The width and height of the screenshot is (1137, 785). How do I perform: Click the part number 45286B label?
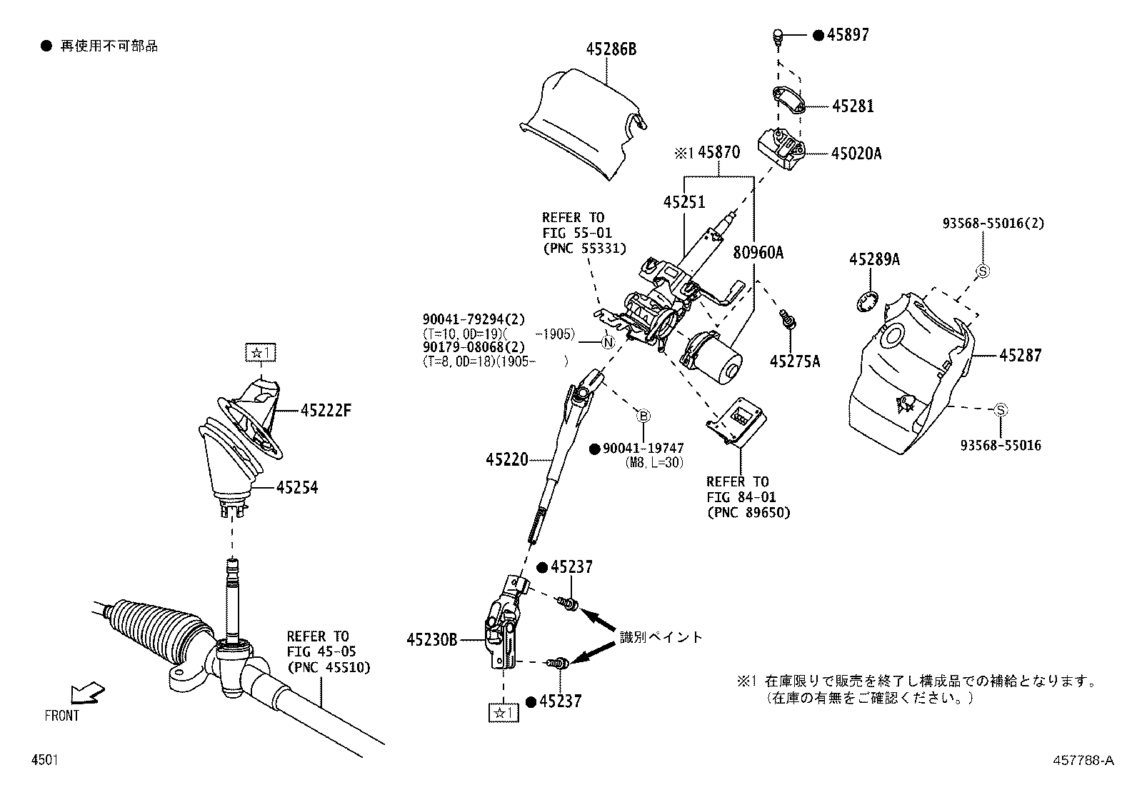click(x=611, y=49)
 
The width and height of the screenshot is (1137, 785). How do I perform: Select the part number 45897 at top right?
click(x=848, y=35)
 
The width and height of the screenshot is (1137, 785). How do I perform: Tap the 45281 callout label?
click(x=853, y=106)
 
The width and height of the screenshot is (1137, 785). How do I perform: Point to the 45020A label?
click(x=856, y=153)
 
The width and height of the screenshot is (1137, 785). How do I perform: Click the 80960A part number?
click(x=758, y=252)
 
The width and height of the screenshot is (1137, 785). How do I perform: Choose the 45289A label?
click(x=874, y=260)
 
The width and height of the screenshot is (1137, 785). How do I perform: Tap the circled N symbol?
click(x=608, y=343)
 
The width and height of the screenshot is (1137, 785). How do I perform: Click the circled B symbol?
click(x=643, y=416)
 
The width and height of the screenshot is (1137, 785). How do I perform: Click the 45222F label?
click(x=326, y=411)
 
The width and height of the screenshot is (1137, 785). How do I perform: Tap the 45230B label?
click(x=431, y=640)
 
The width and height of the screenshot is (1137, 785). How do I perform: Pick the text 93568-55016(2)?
click(x=993, y=224)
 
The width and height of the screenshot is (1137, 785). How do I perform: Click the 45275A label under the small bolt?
click(x=795, y=361)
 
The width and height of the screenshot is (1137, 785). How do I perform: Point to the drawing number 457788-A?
click(x=1083, y=761)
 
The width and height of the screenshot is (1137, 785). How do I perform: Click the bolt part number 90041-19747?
click(x=643, y=449)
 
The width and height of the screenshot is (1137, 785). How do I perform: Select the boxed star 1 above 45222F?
click(x=261, y=352)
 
